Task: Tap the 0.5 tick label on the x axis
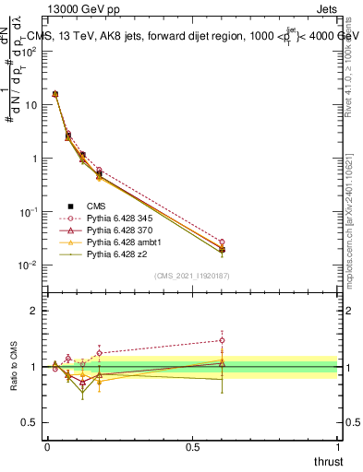192,447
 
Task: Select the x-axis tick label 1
337,447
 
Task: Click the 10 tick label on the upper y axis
31,105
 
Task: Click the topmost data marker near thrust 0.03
55,94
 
